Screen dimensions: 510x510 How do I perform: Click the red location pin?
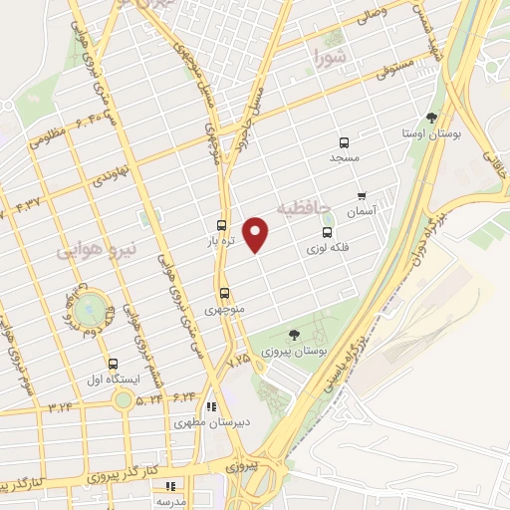tap(257, 233)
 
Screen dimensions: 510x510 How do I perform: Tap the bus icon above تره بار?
tap(221, 226)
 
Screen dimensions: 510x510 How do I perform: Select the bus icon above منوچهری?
tap(224, 294)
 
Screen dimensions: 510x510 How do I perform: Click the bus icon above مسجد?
tap(344, 142)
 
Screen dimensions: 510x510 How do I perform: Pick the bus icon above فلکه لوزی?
tap(326, 232)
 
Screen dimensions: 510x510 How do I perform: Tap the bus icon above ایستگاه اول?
tap(113, 365)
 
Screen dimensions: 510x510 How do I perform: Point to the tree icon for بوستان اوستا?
tap(430, 118)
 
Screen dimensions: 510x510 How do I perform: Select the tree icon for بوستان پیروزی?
tap(293, 336)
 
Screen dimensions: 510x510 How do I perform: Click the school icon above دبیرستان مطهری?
tap(210, 406)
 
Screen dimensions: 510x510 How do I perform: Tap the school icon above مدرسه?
tap(170, 485)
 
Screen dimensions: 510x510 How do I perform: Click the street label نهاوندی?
tap(107, 175)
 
